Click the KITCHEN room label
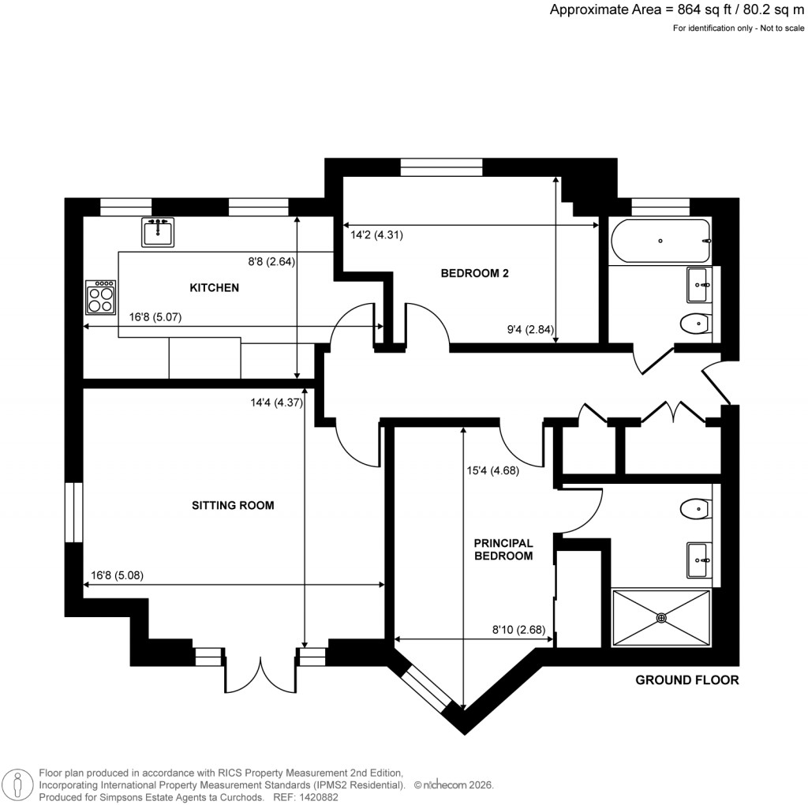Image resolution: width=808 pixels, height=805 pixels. (x=214, y=288)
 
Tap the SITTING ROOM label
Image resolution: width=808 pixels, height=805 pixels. (x=233, y=505)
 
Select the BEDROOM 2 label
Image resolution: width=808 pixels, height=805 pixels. (x=474, y=274)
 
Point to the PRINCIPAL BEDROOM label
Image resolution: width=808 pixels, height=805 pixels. (x=503, y=549)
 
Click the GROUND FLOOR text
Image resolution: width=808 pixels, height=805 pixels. (x=687, y=680)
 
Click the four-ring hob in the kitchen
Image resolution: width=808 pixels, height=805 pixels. (x=100, y=298)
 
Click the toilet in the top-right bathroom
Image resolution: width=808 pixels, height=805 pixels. (x=694, y=323)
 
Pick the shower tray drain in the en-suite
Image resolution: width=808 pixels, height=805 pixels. (x=661, y=618)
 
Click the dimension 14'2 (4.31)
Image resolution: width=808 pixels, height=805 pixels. (x=377, y=234)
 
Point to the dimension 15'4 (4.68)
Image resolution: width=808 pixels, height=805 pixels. (x=494, y=472)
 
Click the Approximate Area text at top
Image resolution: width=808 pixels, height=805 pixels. (x=677, y=10)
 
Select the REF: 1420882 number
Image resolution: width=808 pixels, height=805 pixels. (x=305, y=797)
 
